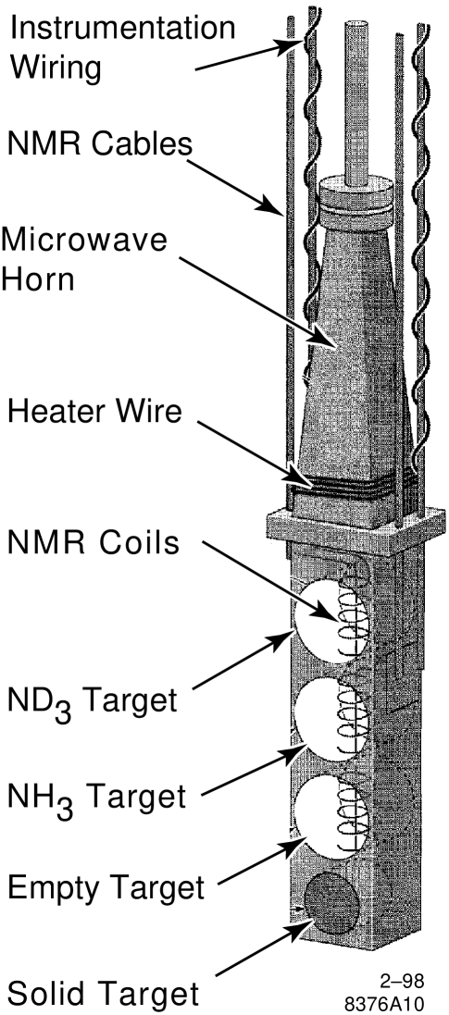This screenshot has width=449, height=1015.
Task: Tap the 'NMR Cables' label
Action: pos(100,143)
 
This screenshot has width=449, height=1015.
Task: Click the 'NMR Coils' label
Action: pos(93,543)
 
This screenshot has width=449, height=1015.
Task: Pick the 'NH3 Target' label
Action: pos(93,795)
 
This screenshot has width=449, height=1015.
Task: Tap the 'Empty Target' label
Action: pos(105,888)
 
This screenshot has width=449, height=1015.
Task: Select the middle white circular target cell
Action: pos(329,718)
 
